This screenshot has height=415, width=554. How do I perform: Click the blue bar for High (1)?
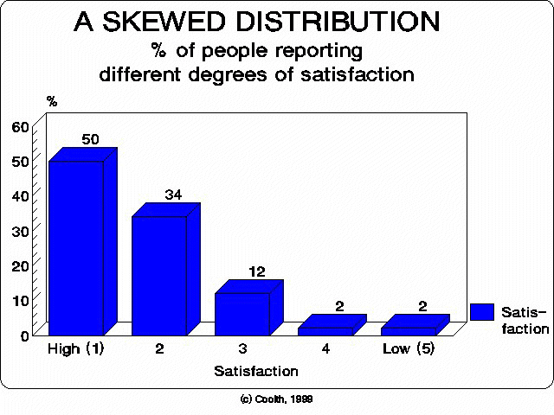coord(75,247)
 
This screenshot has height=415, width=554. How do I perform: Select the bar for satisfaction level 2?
coord(158,275)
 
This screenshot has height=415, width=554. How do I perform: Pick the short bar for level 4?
coord(325,330)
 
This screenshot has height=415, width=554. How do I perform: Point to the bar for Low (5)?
coord(408,330)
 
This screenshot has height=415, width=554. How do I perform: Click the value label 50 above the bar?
coord(91,138)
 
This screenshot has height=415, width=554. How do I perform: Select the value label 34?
coord(174,194)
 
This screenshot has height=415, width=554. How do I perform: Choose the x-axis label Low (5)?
coord(408,350)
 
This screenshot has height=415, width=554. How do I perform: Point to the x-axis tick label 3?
coord(242,350)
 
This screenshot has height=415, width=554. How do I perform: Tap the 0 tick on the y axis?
coord(25,335)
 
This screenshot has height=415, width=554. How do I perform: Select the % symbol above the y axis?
coord(52,102)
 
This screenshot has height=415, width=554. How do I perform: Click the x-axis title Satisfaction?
coord(255,371)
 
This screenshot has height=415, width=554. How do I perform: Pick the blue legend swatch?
coord(482,313)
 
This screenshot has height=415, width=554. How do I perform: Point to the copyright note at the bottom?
coord(277,399)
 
